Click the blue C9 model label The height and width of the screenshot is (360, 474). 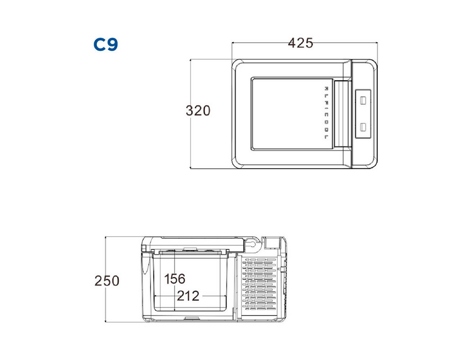tap(106, 45)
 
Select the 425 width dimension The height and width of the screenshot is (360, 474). tap(301, 43)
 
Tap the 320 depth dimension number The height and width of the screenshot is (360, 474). tap(198, 110)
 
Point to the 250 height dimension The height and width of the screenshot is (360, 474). tap(107, 281)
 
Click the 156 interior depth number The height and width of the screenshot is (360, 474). tap(175, 279)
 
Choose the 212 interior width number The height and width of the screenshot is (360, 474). tap(188, 296)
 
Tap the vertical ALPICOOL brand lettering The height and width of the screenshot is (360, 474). tap(326, 113)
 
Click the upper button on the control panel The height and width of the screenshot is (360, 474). tap(363, 100)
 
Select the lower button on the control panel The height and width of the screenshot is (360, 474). tap(363, 127)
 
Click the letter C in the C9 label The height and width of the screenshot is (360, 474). tap(100, 45)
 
